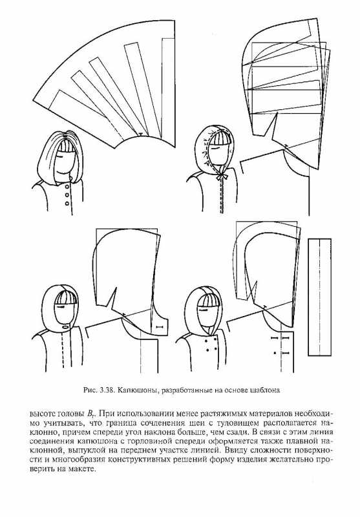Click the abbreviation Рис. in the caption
(92, 390)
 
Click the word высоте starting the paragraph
(42, 414)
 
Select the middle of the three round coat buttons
(67, 195)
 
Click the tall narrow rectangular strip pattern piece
(319, 297)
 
